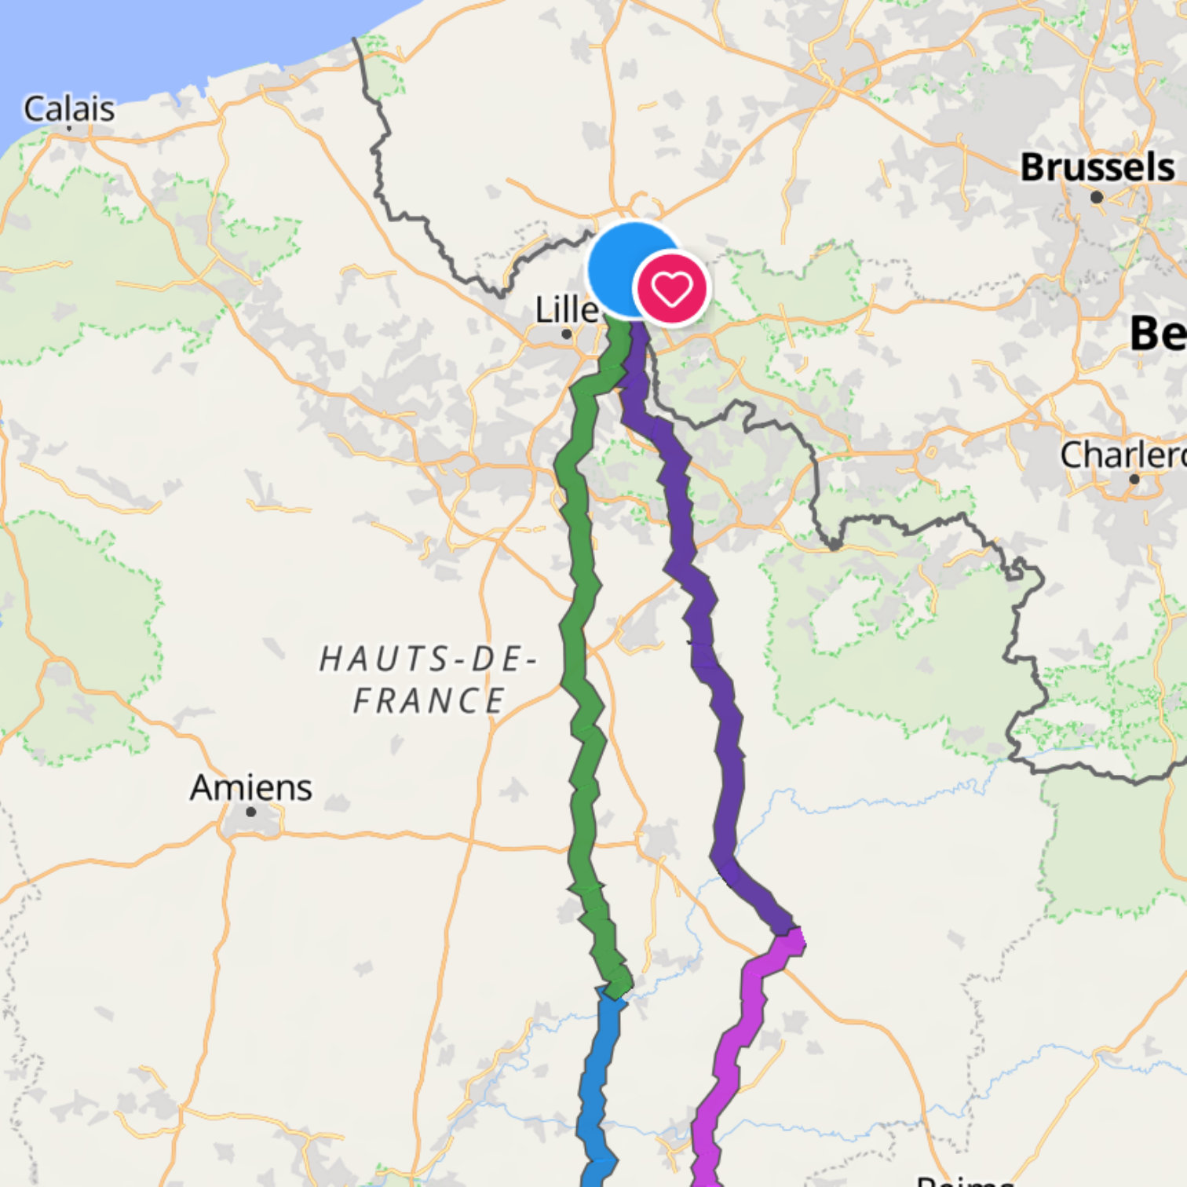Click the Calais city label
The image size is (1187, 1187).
tap(69, 109)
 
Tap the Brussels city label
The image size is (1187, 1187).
tap(1098, 167)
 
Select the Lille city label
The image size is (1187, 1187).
tap(566, 309)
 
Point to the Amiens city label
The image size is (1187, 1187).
tap(251, 787)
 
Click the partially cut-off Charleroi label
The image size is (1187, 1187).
tap(1123, 455)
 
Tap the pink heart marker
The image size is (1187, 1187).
tap(671, 289)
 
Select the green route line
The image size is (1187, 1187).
tap(582, 628)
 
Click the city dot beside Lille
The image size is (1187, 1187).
tap(567, 334)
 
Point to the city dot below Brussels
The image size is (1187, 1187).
tap(1097, 197)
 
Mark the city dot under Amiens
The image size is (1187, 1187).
tap(251, 812)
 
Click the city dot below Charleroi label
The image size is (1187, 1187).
tap(1134, 479)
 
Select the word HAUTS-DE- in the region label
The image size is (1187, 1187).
tap(428, 659)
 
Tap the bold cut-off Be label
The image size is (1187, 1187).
tap(1158, 333)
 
